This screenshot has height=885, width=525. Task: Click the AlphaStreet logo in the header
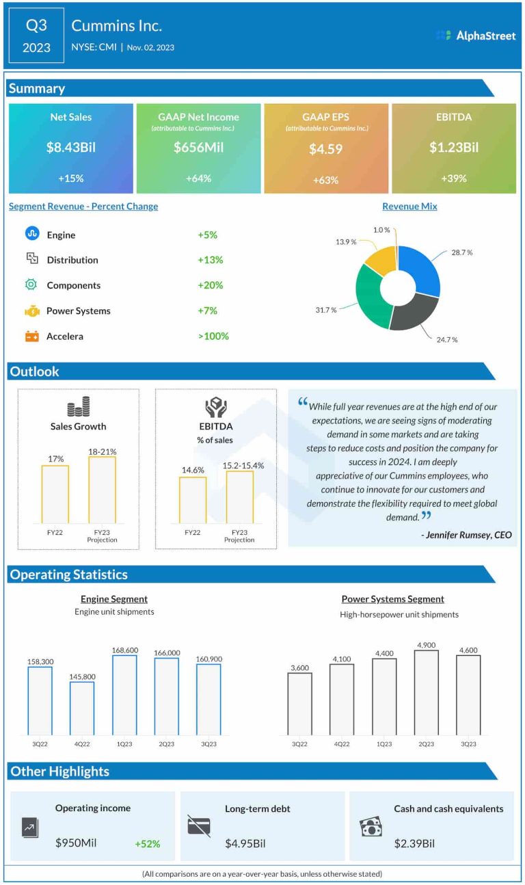[476, 35]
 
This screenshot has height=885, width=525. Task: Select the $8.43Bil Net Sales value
[71, 147]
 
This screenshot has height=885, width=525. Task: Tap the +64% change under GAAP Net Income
[198, 179]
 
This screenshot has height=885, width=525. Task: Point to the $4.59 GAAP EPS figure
[325, 148]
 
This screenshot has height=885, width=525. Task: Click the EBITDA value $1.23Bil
[454, 147]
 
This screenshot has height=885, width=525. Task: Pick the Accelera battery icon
[32, 336]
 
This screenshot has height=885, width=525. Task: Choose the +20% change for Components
[211, 285]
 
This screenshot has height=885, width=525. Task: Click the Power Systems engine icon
[32, 311]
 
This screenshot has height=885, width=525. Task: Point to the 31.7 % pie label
[326, 310]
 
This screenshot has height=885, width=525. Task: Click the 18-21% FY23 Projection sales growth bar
[102, 489]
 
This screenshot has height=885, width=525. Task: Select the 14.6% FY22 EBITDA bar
[193, 499]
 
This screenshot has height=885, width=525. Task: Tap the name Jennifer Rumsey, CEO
[466, 535]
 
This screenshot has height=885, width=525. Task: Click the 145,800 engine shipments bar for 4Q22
[82, 708]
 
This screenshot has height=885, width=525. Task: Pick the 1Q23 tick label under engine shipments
[124, 744]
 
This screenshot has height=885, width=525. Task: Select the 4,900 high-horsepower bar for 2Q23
[427, 692]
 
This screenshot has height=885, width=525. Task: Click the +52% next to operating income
[148, 844]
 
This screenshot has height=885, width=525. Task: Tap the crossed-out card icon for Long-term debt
[199, 825]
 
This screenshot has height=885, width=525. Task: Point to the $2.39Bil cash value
[414, 843]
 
